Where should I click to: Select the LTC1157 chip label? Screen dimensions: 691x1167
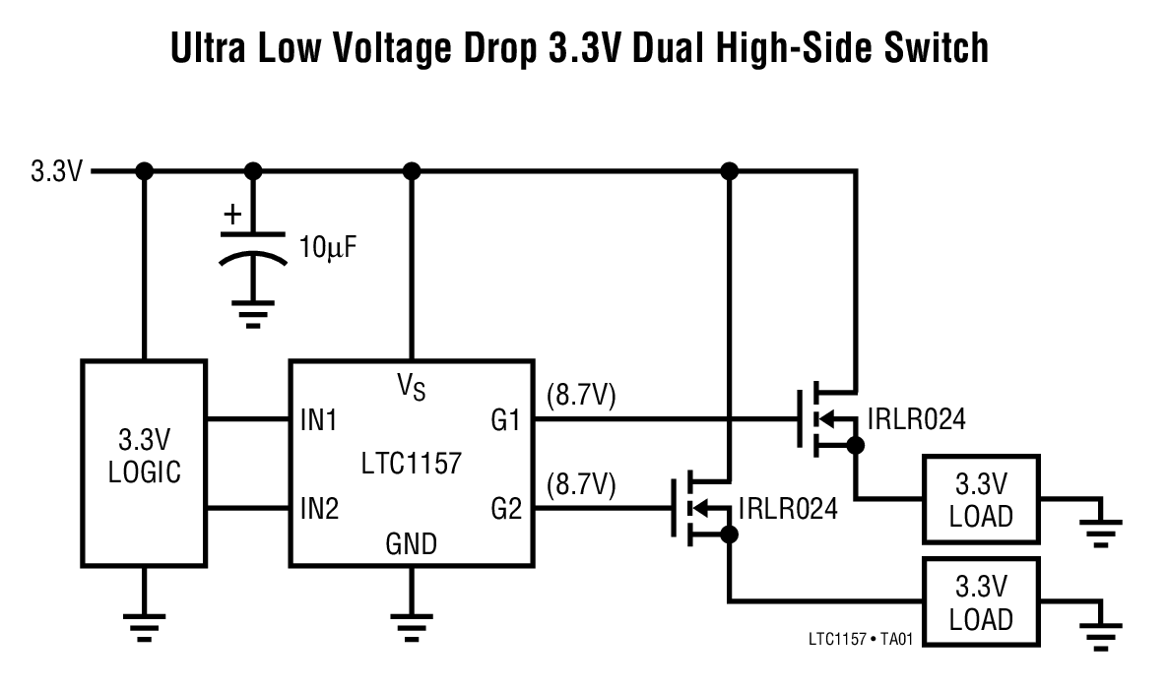pos(411,463)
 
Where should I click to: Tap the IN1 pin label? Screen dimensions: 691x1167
pos(319,421)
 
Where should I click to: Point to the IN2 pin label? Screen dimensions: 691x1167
pos(319,509)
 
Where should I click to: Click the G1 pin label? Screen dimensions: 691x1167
pos(505,421)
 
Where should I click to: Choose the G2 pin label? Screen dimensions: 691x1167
pos(505,509)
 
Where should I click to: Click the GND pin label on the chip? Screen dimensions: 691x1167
pos(412,543)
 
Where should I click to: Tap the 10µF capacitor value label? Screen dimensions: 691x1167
pos(327,246)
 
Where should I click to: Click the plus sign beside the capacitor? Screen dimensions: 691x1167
pos(232,214)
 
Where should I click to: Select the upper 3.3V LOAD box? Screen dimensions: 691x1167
pos(981,499)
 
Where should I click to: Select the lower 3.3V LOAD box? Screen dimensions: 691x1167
pos(981,602)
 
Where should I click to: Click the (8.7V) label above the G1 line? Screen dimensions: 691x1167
pos(580,396)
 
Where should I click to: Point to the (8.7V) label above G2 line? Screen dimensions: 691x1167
pos(580,484)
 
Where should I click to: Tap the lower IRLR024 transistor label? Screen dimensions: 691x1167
pos(789,509)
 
